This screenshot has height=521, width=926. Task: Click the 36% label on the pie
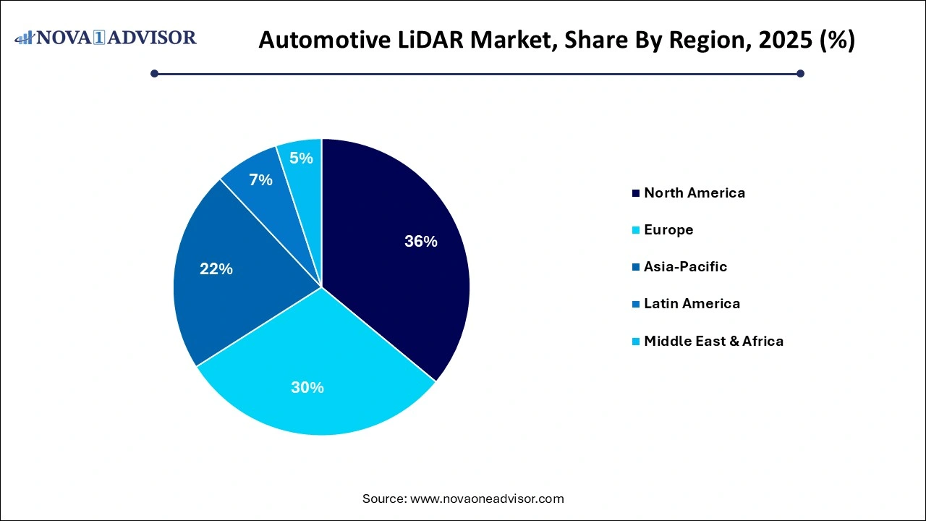420,242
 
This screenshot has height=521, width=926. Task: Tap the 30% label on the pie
307,388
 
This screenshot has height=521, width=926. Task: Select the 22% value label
216,269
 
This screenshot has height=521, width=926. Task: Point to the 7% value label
260,180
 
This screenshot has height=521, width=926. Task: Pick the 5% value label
301,158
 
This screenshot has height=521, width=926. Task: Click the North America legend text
694,192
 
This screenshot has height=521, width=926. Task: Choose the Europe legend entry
668,229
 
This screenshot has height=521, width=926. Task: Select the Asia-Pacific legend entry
685,266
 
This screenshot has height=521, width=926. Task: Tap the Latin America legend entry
692,303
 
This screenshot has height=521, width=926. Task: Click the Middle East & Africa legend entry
713,341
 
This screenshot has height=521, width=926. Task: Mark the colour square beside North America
636,193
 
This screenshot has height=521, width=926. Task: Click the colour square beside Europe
636,230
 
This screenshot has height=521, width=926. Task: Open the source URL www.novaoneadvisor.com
487,499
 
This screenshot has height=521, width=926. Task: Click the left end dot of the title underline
154,73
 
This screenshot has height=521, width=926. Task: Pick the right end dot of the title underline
800,73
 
